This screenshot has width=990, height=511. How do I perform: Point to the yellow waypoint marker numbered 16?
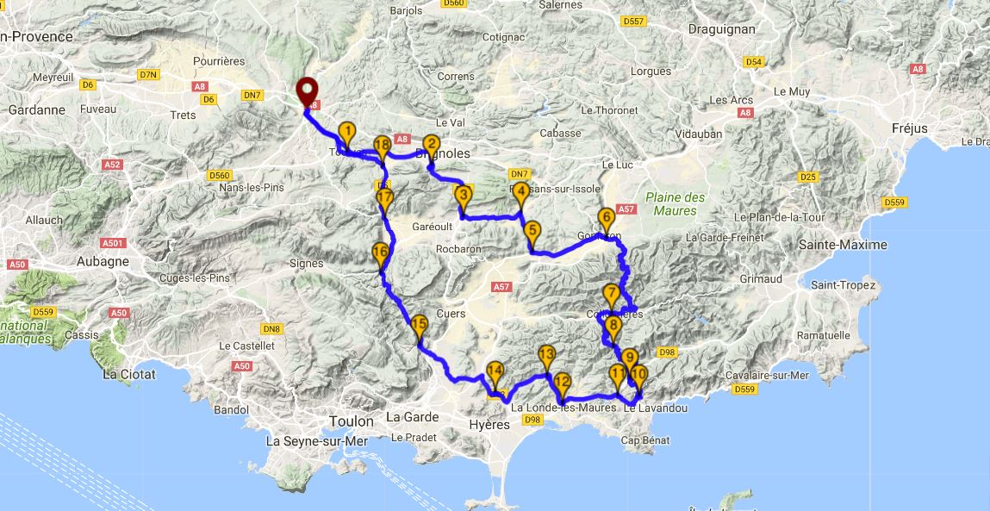tap(380, 254)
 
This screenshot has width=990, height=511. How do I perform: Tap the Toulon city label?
tap(352, 421)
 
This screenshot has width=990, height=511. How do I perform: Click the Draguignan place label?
tap(722, 29)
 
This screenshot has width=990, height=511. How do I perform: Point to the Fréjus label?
tap(910, 128)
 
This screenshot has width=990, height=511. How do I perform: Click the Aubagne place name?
tap(103, 261)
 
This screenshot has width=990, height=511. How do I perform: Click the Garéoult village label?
tap(408, 227)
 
